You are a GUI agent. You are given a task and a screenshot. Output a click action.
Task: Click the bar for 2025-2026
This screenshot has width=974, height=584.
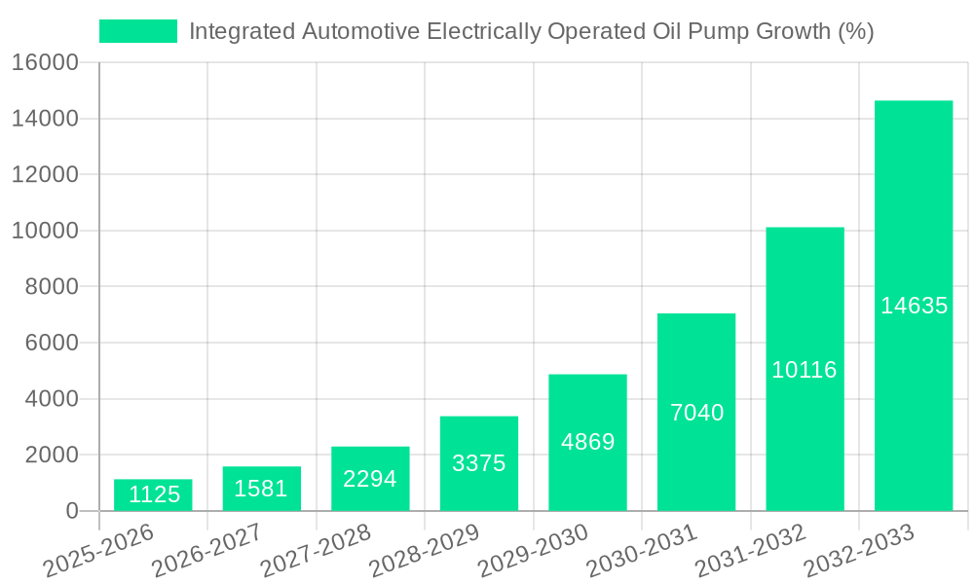[153, 494]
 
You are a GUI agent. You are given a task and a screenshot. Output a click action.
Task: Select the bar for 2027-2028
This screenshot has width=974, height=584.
[370, 478]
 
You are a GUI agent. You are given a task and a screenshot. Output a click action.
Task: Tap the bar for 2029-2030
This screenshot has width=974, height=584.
[587, 442]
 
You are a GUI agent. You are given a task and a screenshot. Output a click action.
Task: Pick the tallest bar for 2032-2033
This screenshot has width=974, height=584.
[913, 305]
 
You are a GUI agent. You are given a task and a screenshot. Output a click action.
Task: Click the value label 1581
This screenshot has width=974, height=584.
[261, 489]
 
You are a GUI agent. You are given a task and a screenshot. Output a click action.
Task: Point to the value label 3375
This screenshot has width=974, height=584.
[479, 463]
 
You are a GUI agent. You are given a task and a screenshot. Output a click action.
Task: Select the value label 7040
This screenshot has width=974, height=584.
[696, 413]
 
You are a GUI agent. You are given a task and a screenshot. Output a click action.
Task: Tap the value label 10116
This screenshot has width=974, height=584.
[805, 370]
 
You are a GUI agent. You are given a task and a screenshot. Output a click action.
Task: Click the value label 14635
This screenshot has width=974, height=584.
[914, 306]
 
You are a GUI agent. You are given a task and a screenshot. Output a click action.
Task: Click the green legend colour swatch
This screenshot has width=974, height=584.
[137, 31]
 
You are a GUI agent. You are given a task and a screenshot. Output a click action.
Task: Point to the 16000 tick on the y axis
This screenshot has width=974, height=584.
[45, 63]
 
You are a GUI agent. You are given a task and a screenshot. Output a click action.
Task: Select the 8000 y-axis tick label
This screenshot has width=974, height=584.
[51, 287]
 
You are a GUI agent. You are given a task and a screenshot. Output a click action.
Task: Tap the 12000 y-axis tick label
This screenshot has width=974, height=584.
[45, 175]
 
